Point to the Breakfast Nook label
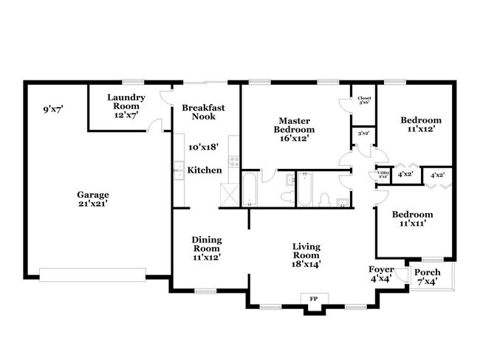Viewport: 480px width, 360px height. pos(203,112)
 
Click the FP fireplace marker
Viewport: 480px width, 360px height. pos(313,299)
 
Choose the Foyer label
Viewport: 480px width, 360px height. pos(381,274)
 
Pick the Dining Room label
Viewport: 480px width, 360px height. pos(207,248)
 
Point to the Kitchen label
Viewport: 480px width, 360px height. pos(204,170)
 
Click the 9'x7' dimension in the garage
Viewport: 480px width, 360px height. pos(53,110)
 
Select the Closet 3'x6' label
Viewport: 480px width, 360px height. pos(364,100)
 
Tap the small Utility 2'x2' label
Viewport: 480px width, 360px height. pos(383,175)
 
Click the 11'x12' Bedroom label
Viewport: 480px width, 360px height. pos(421,124)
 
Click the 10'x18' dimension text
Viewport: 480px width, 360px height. pos(203,148)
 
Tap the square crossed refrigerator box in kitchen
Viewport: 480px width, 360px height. pos(229,195)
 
